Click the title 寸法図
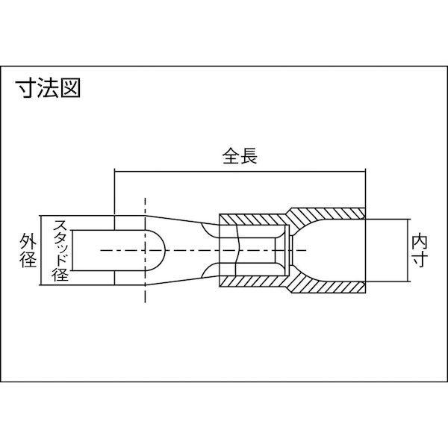[x=48, y=87]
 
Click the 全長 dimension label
[x=240, y=156]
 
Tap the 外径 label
[x=28, y=250]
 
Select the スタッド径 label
[x=60, y=250]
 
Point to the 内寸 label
[x=419, y=251]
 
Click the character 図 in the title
[x=70, y=87]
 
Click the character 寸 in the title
[x=26, y=87]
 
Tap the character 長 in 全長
[x=249, y=156]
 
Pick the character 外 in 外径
[x=28, y=241]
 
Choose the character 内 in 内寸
[x=419, y=242]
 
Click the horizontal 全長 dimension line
[x=240, y=172]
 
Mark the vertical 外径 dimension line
[x=42, y=250]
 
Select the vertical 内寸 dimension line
[x=407, y=251]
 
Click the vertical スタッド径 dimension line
[x=72, y=250]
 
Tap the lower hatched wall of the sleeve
[x=291, y=283]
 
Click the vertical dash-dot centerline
[x=145, y=250]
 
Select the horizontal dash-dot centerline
[x=203, y=250]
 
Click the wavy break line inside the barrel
[x=237, y=250]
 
